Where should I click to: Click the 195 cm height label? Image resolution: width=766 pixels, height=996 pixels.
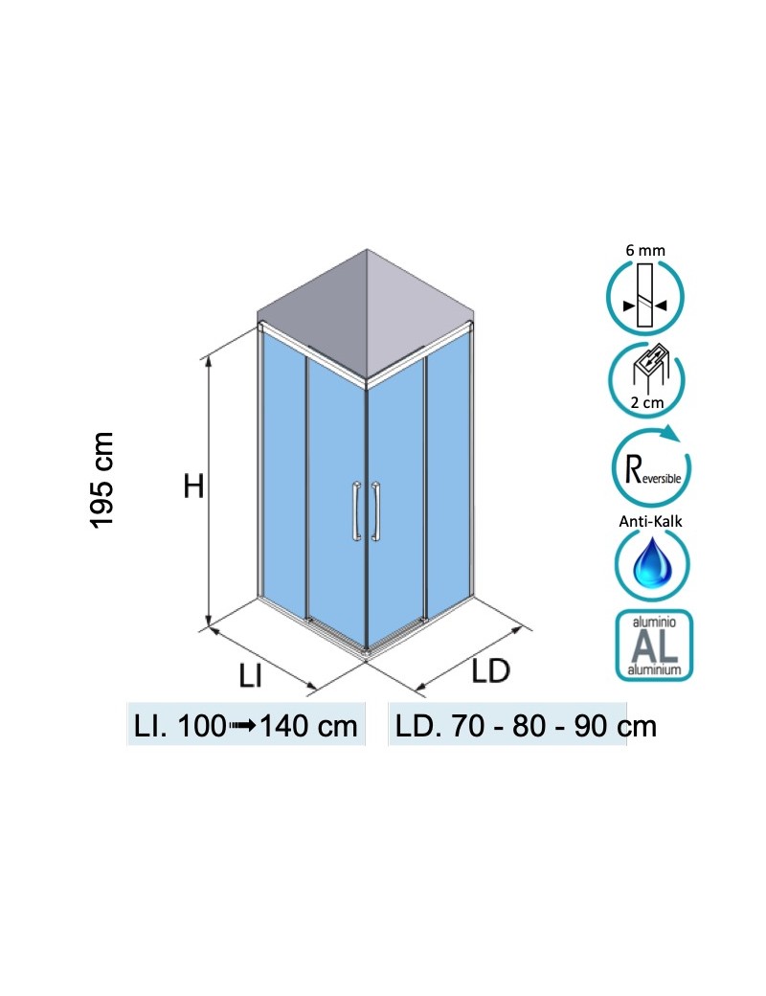click(102, 480)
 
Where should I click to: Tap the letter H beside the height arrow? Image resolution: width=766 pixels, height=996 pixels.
click(194, 487)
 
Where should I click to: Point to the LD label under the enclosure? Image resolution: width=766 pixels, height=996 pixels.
click(491, 671)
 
